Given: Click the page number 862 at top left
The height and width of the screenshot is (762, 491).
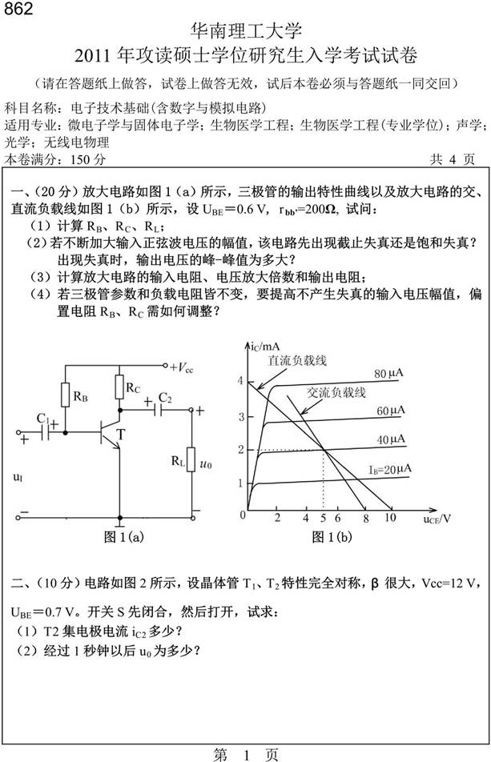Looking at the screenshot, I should tap(17, 10).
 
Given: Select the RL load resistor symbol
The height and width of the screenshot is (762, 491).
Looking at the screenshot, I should tap(190, 462).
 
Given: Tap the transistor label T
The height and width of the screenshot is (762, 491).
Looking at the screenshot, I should tap(120, 434).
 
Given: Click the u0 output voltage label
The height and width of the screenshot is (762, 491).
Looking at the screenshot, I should tap(207, 463).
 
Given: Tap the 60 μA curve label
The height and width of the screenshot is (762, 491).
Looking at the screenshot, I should tap(388, 410).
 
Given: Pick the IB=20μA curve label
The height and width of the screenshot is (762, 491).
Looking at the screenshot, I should tap(390, 467).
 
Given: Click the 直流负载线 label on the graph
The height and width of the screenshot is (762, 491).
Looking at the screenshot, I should tap(298, 361).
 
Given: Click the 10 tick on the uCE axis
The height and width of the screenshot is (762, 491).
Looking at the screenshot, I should tap(390, 519).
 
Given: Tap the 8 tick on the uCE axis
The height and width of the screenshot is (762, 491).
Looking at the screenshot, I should tap(365, 519).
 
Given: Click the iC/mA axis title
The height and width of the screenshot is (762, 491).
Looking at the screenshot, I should tap(264, 347).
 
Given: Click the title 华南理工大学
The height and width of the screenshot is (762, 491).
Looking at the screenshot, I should tap(245, 32).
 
